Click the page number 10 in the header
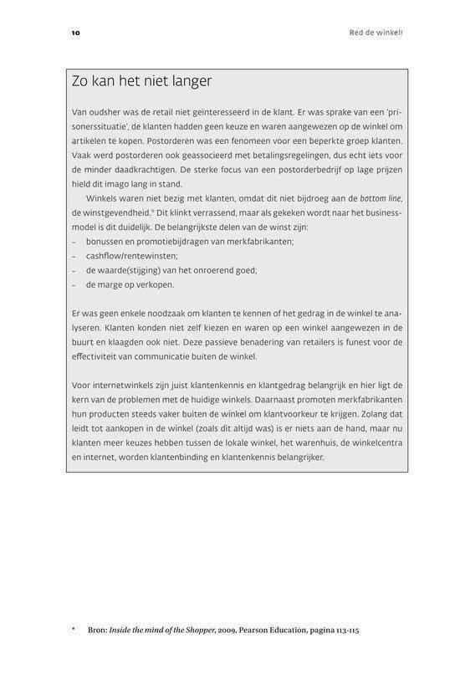click(75, 33)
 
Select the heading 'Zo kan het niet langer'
click(142, 81)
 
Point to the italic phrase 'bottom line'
click(381, 198)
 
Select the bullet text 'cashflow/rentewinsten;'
click(132, 256)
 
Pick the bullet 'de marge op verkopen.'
click(130, 284)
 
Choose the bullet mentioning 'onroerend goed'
click(171, 270)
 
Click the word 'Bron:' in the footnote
click(98, 630)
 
